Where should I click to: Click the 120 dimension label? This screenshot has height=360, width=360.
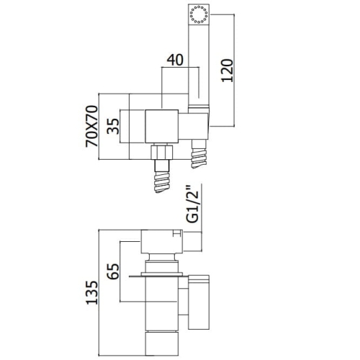point(227,71)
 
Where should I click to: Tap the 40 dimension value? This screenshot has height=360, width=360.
point(175,60)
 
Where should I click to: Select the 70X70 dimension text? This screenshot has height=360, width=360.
point(92,126)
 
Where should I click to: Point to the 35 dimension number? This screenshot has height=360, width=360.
point(113,126)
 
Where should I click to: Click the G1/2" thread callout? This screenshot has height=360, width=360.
point(192,204)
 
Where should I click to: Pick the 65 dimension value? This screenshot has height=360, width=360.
point(113,271)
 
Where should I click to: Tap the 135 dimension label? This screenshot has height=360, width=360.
point(92,292)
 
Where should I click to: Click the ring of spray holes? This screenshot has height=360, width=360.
point(199,15)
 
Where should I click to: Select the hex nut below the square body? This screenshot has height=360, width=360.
point(162,152)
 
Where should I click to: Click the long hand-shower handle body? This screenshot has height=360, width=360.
point(199,65)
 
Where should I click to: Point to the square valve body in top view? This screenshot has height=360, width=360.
point(162,127)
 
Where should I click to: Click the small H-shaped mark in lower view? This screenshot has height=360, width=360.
point(177,233)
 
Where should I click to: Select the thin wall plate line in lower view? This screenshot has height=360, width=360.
point(159,276)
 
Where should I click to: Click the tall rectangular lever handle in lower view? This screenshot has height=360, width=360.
point(199,302)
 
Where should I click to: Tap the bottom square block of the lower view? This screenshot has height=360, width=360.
point(162,343)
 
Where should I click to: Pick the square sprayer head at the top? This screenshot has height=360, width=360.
point(199,14)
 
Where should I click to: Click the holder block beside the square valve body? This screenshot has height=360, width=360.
point(194,126)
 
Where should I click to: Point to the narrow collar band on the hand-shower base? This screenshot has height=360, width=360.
point(199,107)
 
